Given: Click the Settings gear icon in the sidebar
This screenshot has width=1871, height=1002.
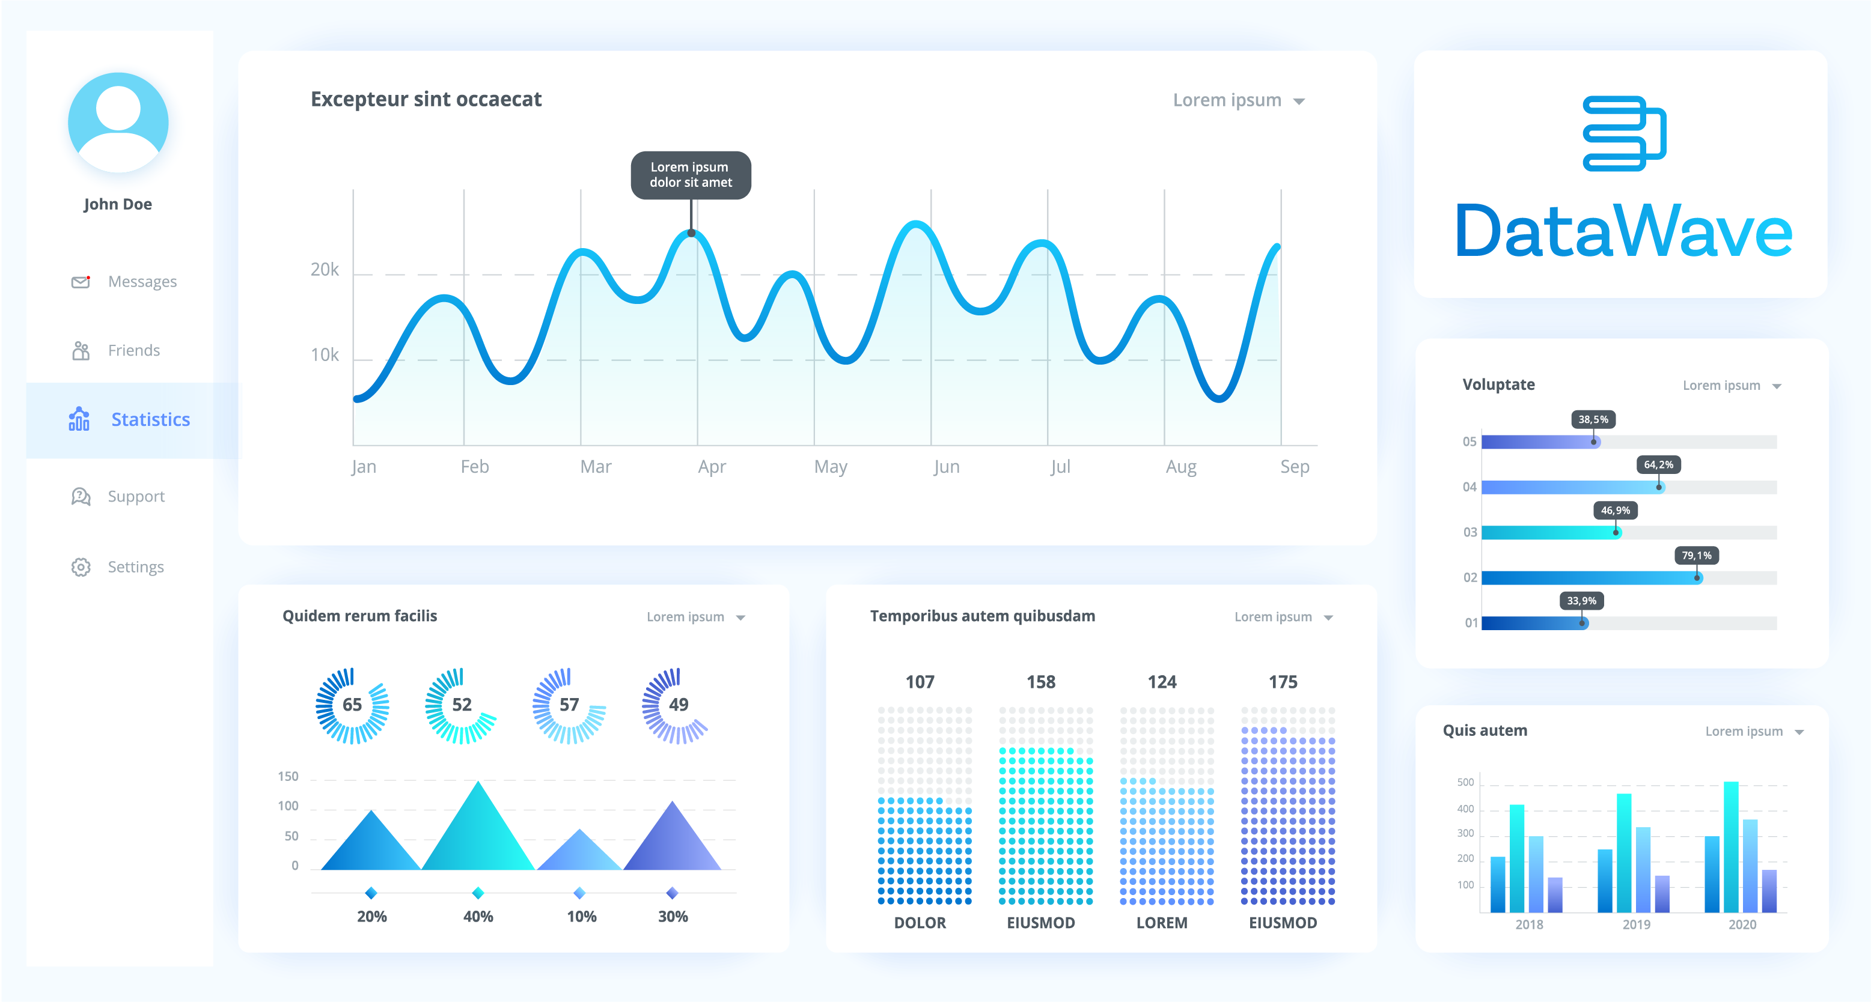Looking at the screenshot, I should pyautogui.click(x=81, y=567).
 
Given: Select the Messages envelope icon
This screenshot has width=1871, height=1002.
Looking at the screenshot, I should pyautogui.click(x=81, y=282).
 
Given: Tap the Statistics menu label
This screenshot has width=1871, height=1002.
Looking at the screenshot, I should pyautogui.click(x=150, y=420).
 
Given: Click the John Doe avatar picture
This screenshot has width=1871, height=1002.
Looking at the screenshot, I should pyautogui.click(x=118, y=122).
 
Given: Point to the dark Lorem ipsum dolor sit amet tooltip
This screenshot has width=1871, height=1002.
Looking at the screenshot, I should pyautogui.click(x=690, y=175).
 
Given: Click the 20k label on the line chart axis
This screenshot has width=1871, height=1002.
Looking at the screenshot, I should pyautogui.click(x=325, y=270).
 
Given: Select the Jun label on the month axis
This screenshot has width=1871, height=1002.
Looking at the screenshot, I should pyautogui.click(x=947, y=467).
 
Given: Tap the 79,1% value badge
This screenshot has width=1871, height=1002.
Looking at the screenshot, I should pyautogui.click(x=1696, y=556).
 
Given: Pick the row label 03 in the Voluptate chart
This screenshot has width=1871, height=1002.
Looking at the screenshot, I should pyautogui.click(x=1470, y=532).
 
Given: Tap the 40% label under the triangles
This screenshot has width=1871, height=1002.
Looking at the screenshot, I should pyautogui.click(x=478, y=916).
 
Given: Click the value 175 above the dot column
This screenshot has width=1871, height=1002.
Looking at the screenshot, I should pyautogui.click(x=1283, y=682).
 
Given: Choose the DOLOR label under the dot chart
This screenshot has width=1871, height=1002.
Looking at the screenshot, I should pyautogui.click(x=920, y=923).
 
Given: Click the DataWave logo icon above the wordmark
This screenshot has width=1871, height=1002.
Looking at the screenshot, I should pyautogui.click(x=1624, y=133).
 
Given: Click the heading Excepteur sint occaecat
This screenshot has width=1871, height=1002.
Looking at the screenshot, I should pyautogui.click(x=426, y=100).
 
